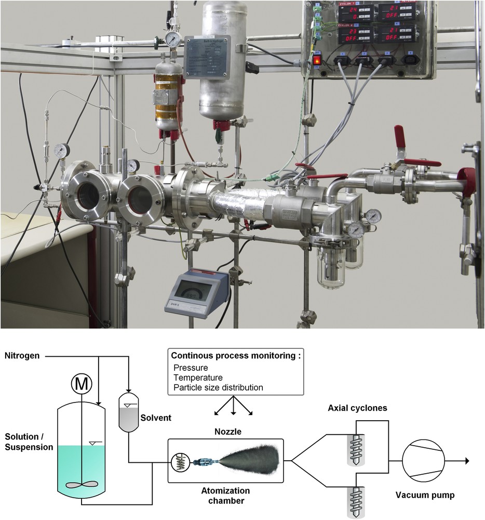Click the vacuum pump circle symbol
423,461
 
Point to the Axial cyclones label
357,408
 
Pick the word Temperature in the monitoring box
198,378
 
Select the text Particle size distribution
219,387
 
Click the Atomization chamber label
225,496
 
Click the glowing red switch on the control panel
317,61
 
